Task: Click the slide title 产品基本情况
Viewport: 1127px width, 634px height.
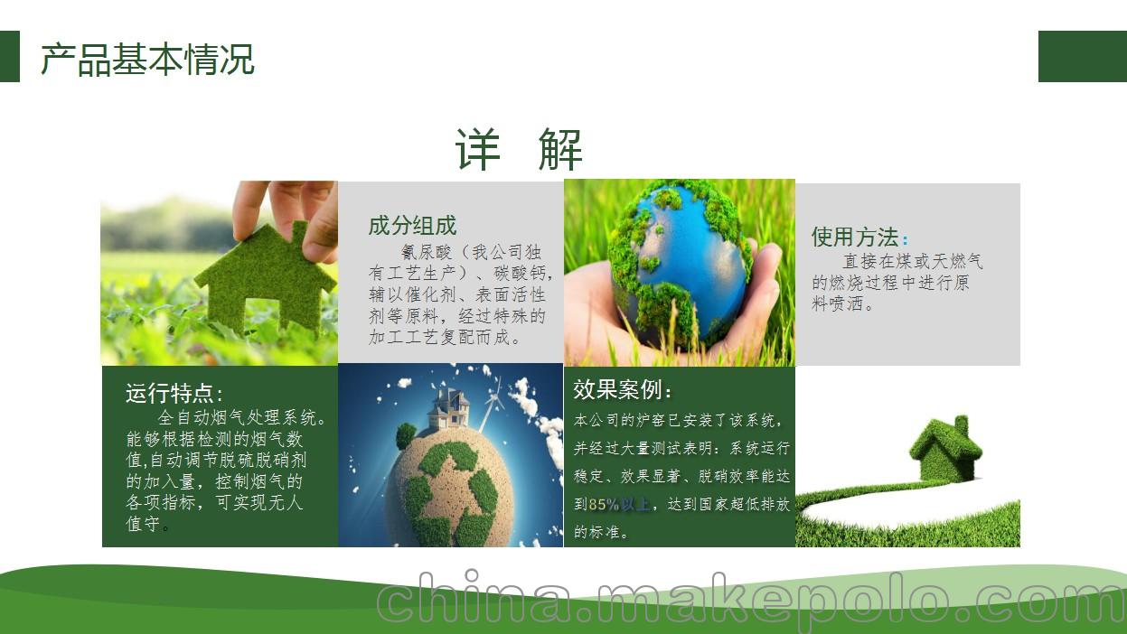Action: tap(147, 60)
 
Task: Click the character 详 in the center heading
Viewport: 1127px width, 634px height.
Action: tap(478, 149)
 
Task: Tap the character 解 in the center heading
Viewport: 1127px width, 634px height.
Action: tap(560, 149)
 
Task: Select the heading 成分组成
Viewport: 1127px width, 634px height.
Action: tap(412, 225)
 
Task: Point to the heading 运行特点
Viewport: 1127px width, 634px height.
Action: tap(170, 393)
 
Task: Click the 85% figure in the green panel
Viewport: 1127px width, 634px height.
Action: tap(603, 504)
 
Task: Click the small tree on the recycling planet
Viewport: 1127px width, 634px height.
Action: tap(406, 435)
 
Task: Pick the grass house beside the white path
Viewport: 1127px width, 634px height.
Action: tap(946, 449)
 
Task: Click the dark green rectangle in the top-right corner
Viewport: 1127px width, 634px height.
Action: tap(1083, 56)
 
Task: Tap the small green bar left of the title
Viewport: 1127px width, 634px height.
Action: tap(10, 56)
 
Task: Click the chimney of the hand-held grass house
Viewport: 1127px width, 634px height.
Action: tap(300, 233)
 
